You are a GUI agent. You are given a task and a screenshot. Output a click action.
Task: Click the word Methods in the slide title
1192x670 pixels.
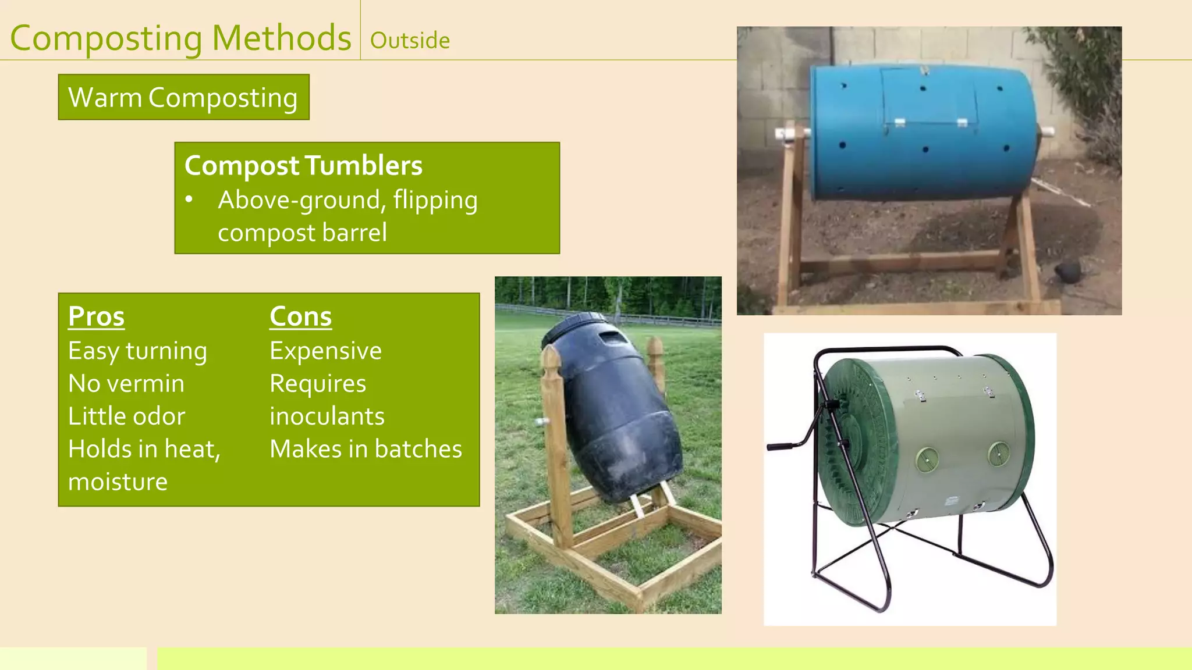(x=281, y=38)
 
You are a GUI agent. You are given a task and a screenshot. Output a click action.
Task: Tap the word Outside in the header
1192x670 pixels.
(x=410, y=41)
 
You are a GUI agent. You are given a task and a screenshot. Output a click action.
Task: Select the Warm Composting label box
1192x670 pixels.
(x=183, y=97)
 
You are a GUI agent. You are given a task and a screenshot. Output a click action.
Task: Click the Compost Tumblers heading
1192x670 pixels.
(x=303, y=166)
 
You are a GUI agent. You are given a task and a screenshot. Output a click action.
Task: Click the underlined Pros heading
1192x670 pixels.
(x=97, y=317)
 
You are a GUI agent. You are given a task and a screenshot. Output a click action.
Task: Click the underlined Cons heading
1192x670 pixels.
(x=300, y=317)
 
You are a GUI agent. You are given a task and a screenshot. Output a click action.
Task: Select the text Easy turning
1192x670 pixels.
(x=137, y=351)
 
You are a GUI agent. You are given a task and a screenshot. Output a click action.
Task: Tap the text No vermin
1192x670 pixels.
(x=126, y=384)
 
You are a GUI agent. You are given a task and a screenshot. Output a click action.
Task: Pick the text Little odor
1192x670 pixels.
(x=126, y=416)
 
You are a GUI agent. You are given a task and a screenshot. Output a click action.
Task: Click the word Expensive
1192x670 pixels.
(x=325, y=351)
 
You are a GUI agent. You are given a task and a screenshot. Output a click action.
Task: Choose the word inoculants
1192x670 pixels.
(x=327, y=416)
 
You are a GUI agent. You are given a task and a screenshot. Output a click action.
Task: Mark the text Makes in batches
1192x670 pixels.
(x=366, y=449)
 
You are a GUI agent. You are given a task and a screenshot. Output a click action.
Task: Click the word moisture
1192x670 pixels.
(x=118, y=482)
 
